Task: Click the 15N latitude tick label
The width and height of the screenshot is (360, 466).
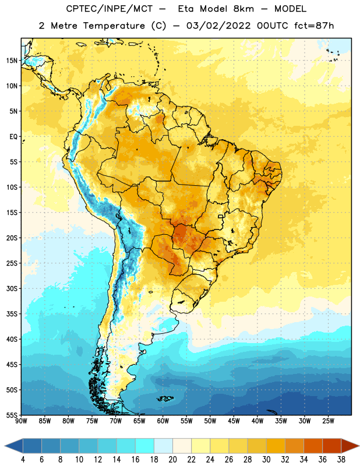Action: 12,61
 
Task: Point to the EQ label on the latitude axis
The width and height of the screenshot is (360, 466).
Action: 13,137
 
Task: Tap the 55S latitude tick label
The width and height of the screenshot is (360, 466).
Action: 12,415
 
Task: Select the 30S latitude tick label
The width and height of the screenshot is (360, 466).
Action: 12,288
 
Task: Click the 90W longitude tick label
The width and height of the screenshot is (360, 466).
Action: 21,421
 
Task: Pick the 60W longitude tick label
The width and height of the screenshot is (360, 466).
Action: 163,421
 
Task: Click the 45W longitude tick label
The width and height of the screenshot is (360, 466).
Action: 234,421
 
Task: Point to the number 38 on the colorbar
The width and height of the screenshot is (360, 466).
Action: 341,460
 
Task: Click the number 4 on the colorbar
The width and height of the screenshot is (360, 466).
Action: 23,460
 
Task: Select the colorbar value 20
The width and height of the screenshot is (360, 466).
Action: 172,460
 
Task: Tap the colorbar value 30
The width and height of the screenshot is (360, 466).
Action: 266,460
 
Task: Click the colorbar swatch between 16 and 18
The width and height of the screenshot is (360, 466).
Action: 145,446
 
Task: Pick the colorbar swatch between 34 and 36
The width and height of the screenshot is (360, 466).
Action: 313,446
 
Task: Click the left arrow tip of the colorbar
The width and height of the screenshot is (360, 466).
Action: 5,446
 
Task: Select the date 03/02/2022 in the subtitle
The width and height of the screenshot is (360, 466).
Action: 218,26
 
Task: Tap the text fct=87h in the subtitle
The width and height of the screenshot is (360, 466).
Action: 314,26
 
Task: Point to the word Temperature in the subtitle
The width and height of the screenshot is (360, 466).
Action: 114,26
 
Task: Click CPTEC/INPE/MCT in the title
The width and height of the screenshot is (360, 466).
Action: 110,9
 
